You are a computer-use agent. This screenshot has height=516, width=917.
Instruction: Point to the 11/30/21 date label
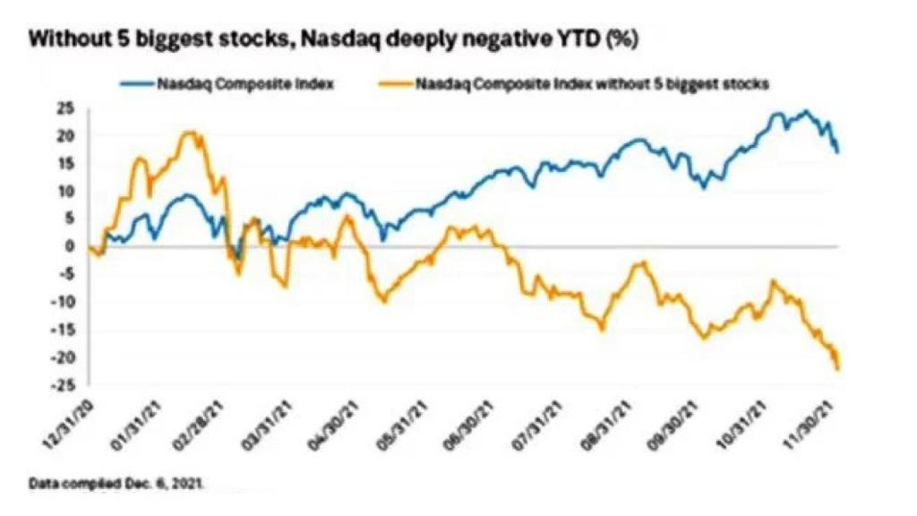(x=818, y=421)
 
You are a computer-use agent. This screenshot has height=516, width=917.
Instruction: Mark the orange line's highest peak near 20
(x=188, y=133)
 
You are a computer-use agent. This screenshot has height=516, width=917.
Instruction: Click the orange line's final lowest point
(x=837, y=368)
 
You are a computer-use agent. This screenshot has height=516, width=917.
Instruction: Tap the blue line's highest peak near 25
(x=806, y=112)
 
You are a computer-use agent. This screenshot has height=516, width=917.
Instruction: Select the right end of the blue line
(x=837, y=152)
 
